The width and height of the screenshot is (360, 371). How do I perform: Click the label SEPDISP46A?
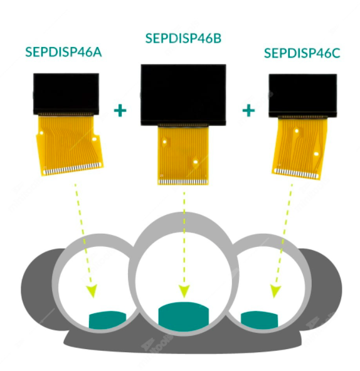63,52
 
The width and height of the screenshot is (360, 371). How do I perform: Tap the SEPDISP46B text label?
183,38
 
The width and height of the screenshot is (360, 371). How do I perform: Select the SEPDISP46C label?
302,53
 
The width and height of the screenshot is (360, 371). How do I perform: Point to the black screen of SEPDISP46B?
183,95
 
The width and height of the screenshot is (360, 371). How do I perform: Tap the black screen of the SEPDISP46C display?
303,95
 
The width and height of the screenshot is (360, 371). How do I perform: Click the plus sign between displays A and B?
120,110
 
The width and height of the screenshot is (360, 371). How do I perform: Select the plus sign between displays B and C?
249,110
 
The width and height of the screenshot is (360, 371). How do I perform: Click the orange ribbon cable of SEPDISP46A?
70,145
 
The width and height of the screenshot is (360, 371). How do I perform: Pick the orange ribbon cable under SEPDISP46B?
183,155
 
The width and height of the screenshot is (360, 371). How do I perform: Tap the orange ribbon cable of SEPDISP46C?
300,148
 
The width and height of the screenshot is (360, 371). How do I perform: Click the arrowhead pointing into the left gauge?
92,291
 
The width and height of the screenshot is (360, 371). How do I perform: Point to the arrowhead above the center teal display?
184,291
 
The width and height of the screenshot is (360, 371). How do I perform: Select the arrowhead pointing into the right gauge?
275,291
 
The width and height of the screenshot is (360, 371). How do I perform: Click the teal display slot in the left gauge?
107,320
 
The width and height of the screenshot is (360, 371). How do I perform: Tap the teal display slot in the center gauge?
184,316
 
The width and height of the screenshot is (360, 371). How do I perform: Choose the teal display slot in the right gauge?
259,320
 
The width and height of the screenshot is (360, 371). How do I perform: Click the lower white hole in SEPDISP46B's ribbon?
196,162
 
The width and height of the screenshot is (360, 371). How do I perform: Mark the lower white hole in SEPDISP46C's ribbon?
316,154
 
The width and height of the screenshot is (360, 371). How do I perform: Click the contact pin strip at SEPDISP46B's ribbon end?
183,182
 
